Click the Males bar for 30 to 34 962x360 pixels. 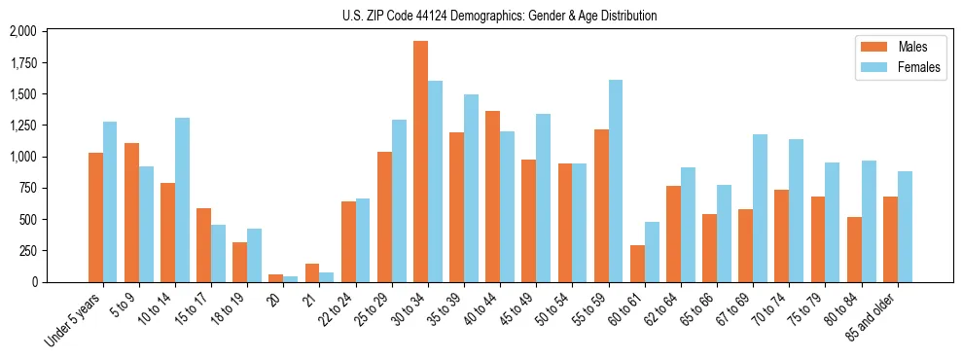[420, 162]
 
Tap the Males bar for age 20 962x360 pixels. [276, 278]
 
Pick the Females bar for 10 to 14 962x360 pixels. [183, 199]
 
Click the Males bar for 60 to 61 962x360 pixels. [637, 264]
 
